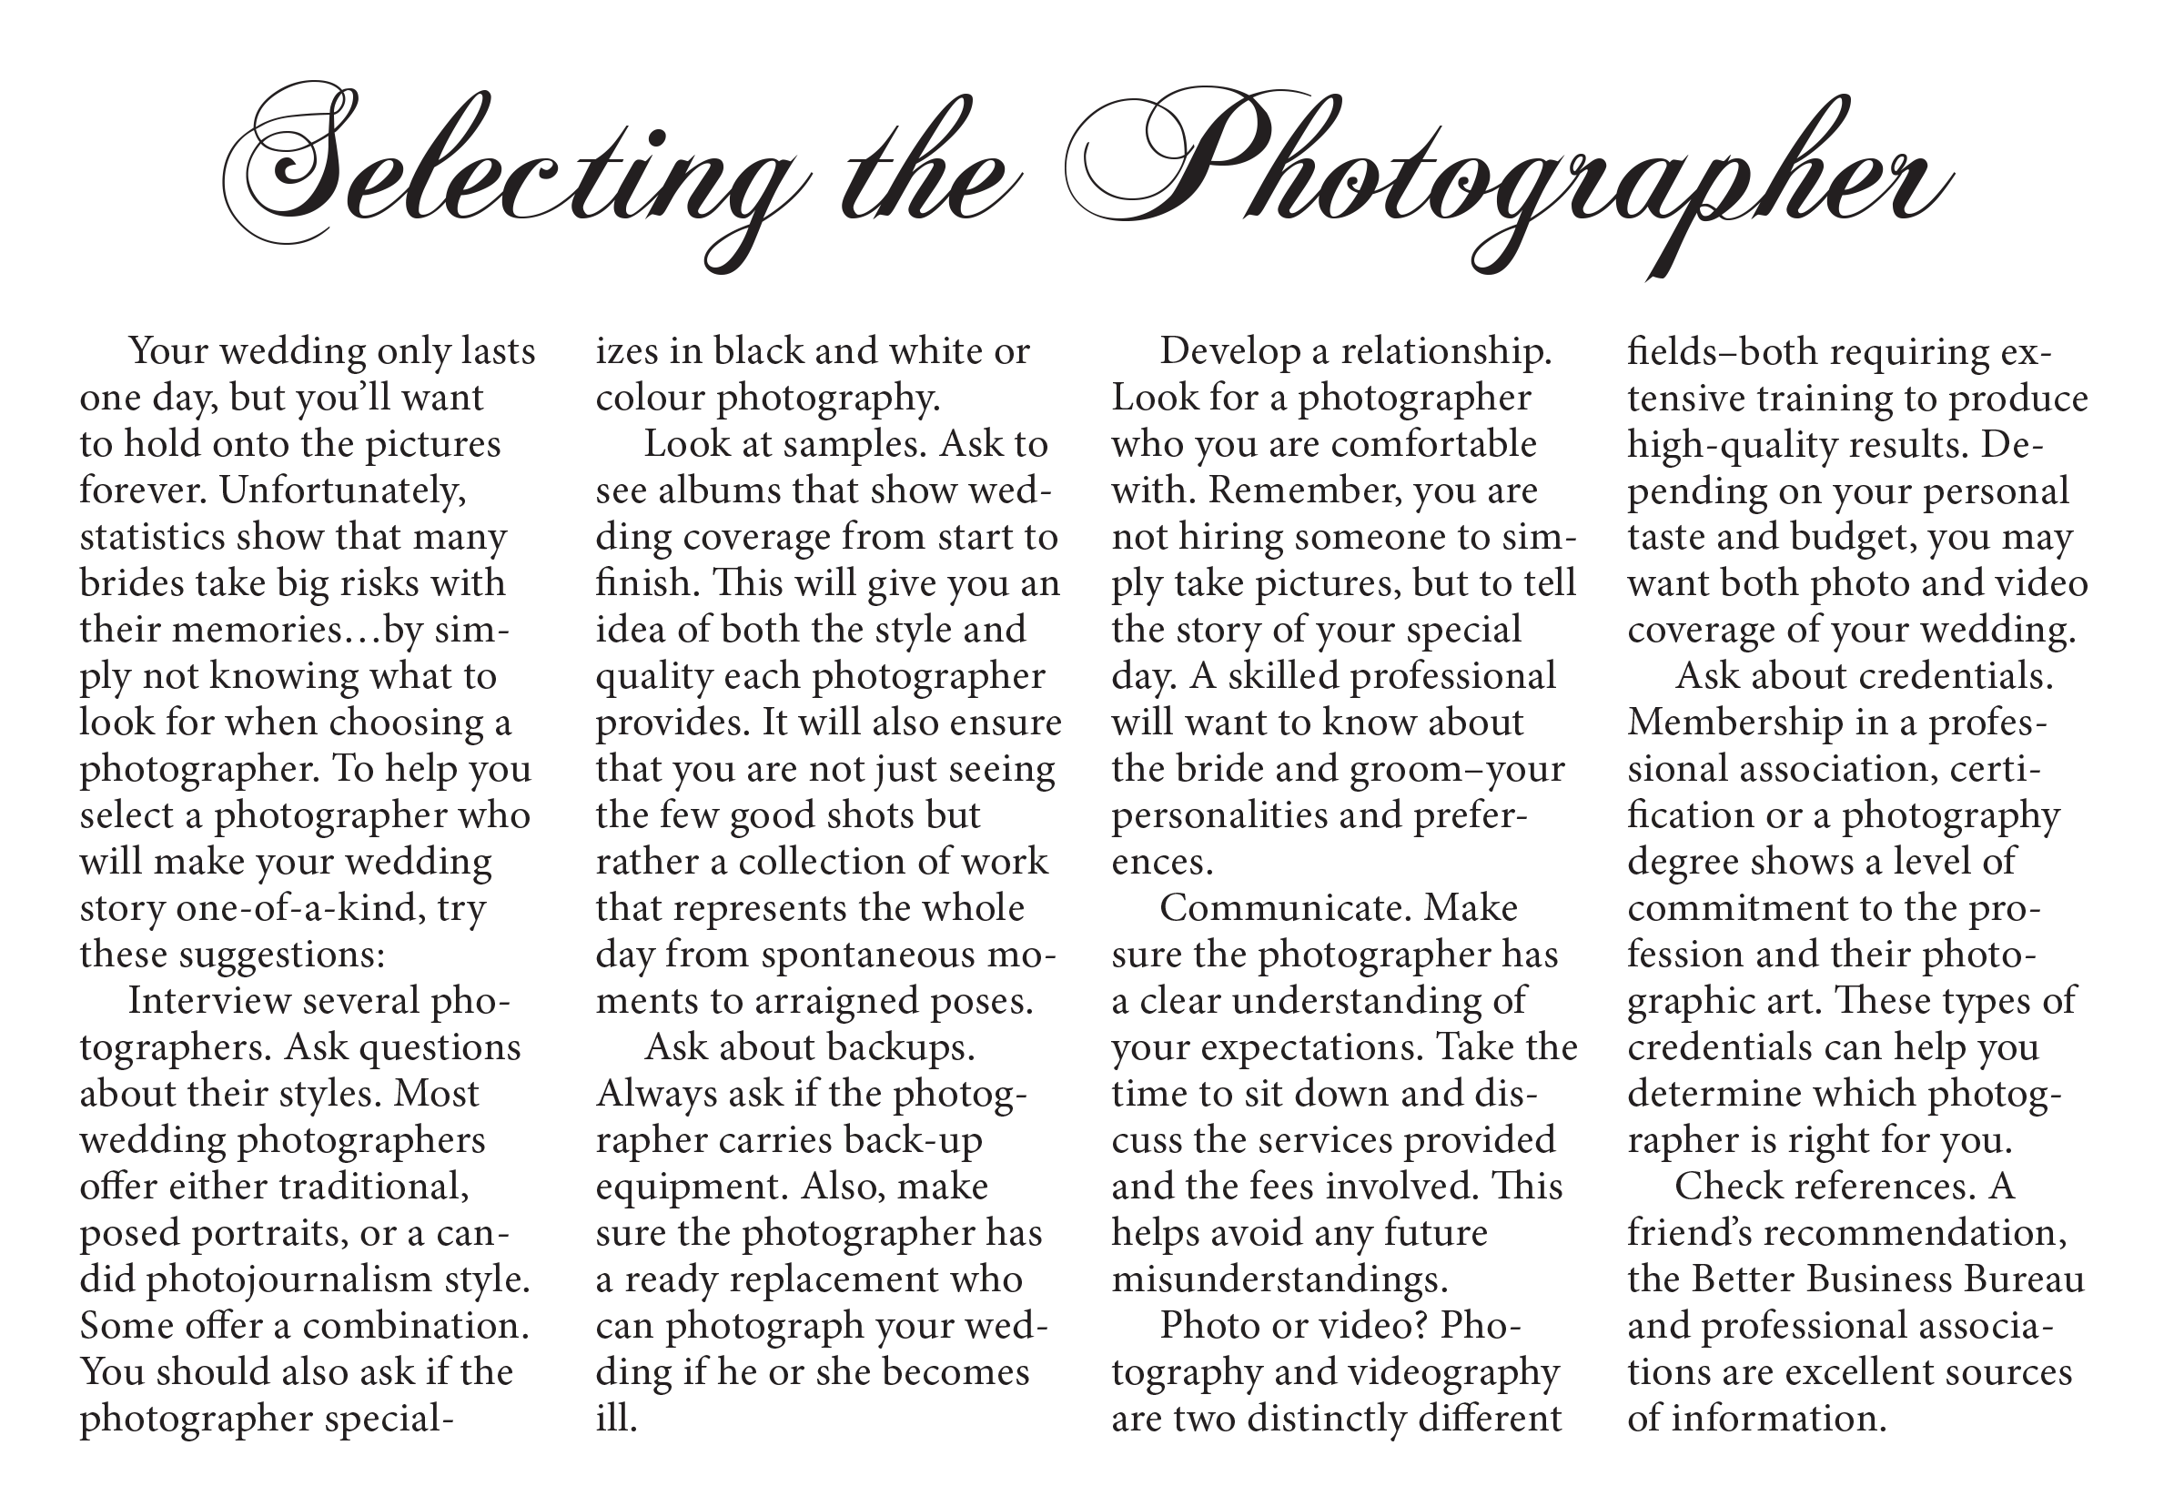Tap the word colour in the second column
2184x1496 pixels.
[651, 399]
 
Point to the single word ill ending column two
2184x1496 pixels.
[615, 1419]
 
